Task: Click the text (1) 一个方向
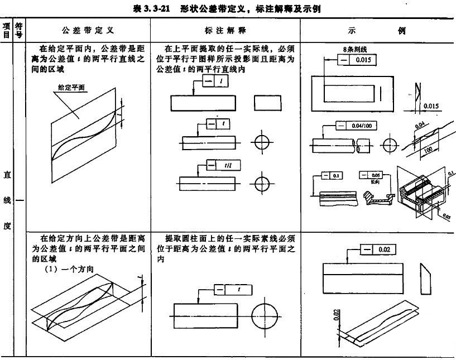(x=68, y=269)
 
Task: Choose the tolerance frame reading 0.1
(x=331, y=175)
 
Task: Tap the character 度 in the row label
(x=7, y=227)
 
